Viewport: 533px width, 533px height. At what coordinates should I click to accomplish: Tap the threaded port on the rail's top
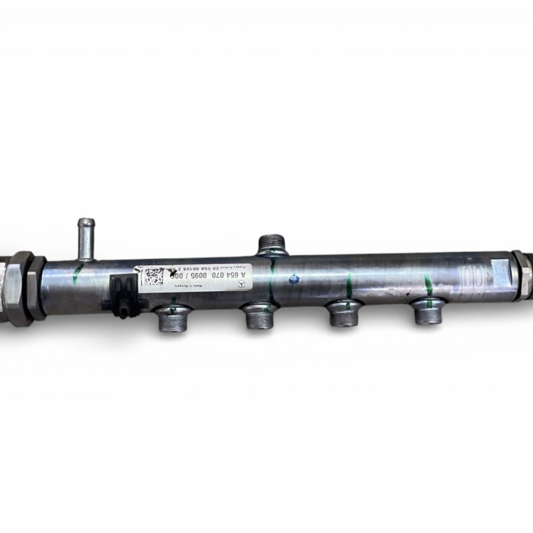(272, 244)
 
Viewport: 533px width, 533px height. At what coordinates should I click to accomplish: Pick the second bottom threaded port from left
(259, 315)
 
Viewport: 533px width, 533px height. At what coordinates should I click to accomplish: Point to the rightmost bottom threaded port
(427, 311)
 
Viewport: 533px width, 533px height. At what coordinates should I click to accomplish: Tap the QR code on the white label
(153, 276)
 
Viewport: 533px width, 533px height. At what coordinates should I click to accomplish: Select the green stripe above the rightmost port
(428, 286)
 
